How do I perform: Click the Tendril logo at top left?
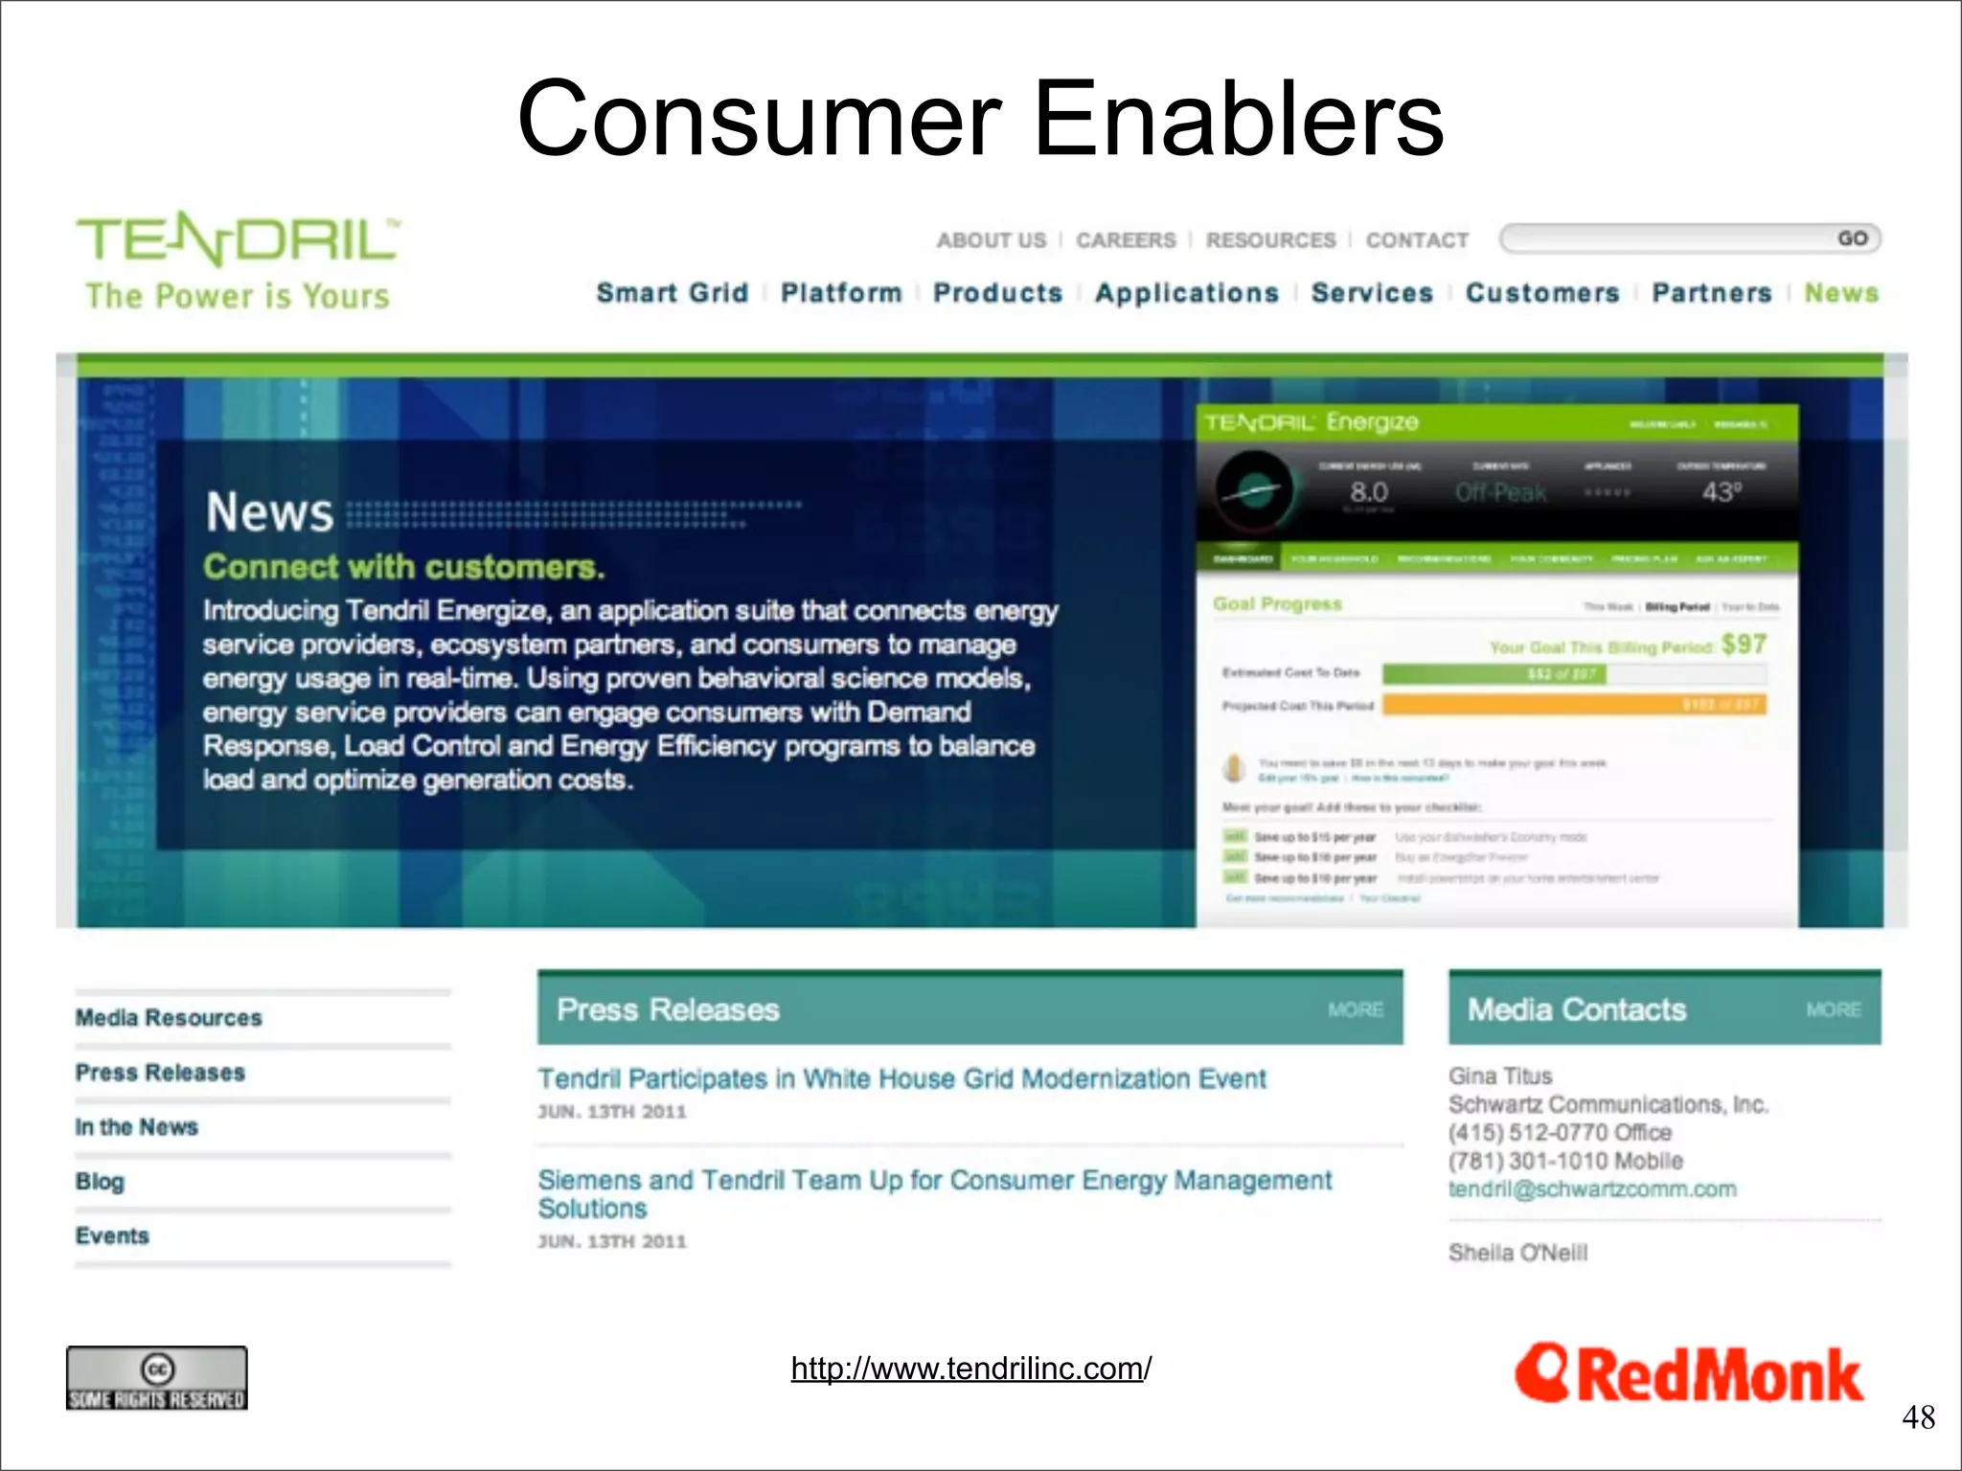pos(238,240)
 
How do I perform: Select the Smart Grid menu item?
pos(672,293)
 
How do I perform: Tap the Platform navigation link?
pos(841,293)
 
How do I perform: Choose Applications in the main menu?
pos(1186,293)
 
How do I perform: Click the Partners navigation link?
pos(1711,293)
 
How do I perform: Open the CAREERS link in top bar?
pos(1126,240)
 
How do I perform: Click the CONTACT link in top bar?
pos(1417,240)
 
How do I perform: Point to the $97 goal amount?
pos(1744,645)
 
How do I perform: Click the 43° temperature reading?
pos(1721,492)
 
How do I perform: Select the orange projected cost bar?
pos(1574,706)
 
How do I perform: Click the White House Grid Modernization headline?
pos(901,1079)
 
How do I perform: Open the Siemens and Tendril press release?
pos(934,1193)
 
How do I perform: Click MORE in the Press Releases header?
pos(1355,1010)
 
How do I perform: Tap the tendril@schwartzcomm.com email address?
pos(1591,1189)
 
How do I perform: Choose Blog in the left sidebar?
pos(100,1182)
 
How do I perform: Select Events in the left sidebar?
pos(112,1236)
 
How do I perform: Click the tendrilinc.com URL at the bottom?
pos(970,1369)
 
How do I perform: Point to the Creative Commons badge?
pos(157,1379)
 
